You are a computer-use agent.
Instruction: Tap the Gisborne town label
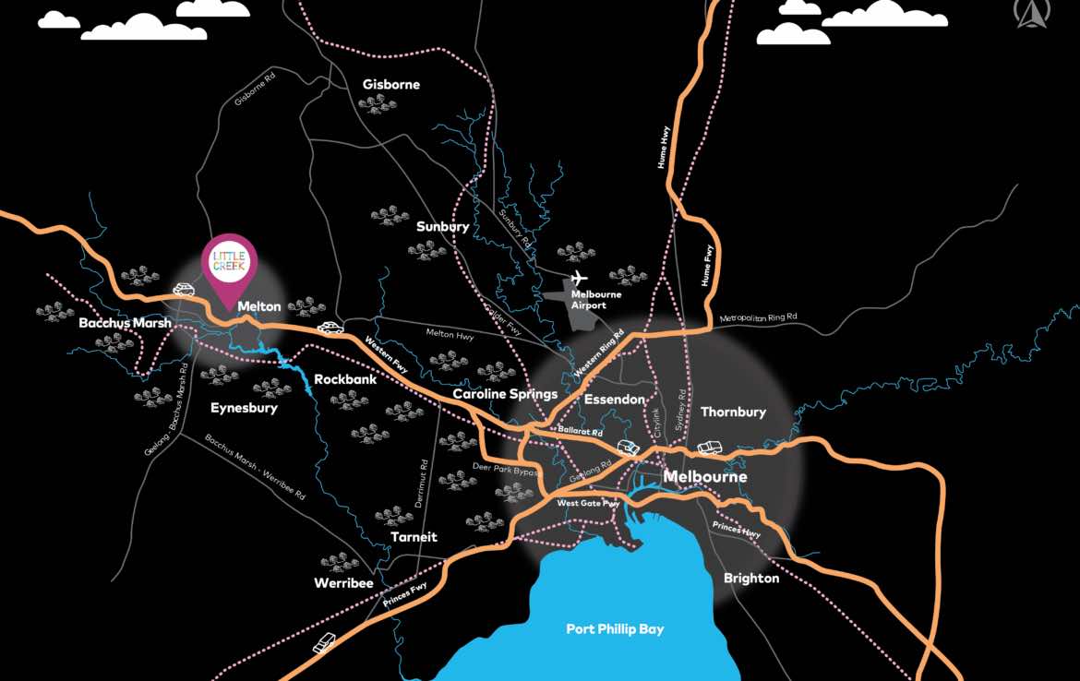[x=390, y=85]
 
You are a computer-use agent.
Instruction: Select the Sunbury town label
[x=442, y=226]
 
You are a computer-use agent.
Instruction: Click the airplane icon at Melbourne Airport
[x=579, y=277]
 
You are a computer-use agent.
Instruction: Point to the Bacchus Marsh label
[x=125, y=323]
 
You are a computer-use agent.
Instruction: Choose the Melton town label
[x=258, y=305]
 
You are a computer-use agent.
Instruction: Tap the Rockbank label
[x=344, y=379]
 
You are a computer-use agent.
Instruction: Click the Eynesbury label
[x=244, y=408]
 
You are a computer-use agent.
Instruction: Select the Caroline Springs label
[x=505, y=394]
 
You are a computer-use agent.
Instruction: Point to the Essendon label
[x=614, y=400]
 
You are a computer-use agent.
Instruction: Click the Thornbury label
[x=733, y=412]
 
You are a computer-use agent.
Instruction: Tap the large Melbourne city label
[x=705, y=477]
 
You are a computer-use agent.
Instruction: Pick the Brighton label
[x=750, y=579]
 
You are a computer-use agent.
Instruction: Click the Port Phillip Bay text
[x=615, y=629]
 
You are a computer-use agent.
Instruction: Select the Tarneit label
[x=414, y=537]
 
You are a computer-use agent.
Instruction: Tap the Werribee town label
[x=343, y=583]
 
